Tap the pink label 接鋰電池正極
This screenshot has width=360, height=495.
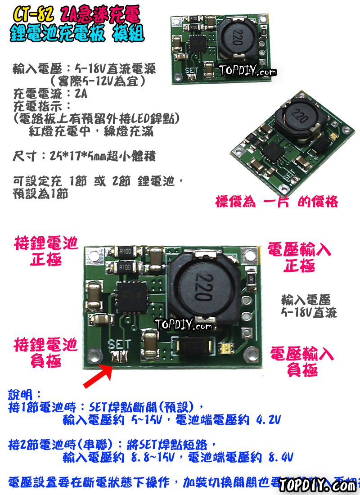(x=46, y=251)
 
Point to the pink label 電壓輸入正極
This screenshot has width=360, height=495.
(x=299, y=257)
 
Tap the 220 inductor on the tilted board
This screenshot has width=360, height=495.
(x=299, y=117)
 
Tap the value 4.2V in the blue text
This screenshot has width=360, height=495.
(x=268, y=420)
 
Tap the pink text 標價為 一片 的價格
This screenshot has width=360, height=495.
(x=276, y=202)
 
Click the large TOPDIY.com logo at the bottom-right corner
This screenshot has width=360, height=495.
(x=317, y=486)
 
